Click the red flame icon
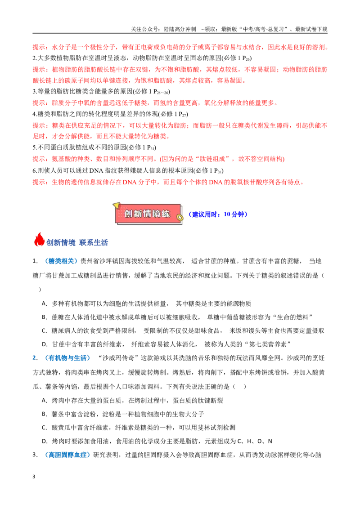[x=39, y=240]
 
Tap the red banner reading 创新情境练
[x=148, y=214]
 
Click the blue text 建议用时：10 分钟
[x=218, y=214]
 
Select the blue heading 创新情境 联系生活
[x=77, y=242]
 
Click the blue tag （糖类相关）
[x=61, y=261]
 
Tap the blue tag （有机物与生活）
[x=67, y=358]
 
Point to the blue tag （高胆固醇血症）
[x=67, y=455]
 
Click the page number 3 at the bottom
[x=34, y=477]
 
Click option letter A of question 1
[x=44, y=304]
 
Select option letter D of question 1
[x=44, y=344]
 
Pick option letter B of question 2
[x=44, y=414]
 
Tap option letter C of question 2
[x=44, y=428]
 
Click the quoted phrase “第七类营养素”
[x=268, y=344]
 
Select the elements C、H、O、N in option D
[x=255, y=441]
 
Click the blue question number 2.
[x=34, y=358]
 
